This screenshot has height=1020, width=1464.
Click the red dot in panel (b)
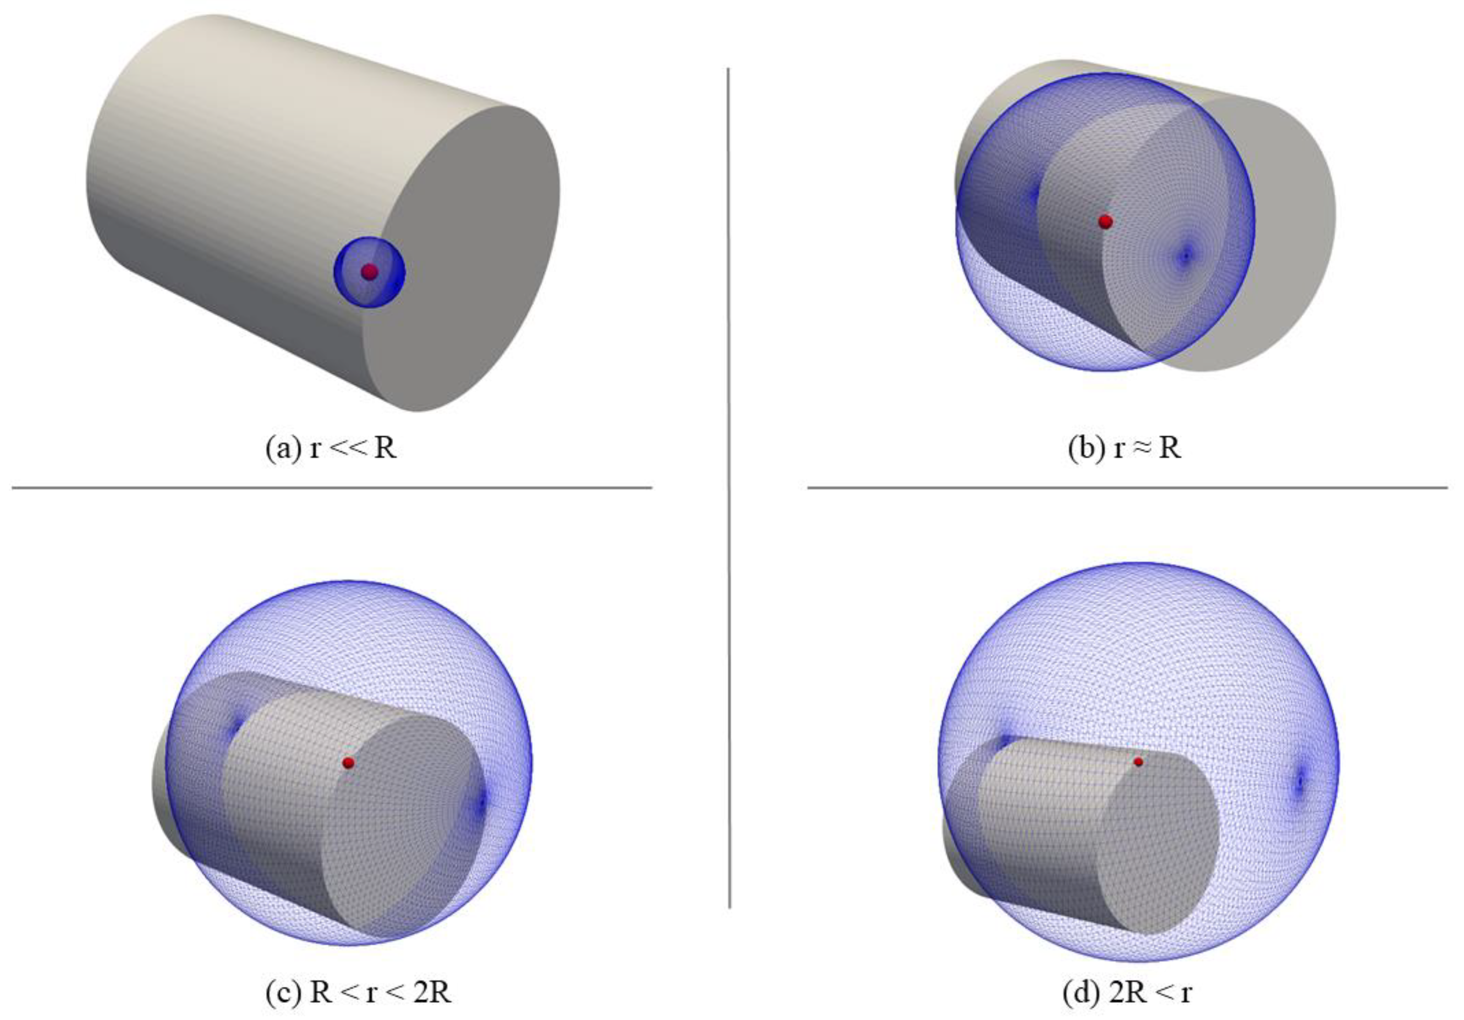click(1106, 222)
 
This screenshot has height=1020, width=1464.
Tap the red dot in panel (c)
click(348, 762)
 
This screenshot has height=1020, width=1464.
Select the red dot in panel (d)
click(1138, 762)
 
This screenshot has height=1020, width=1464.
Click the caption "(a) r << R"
click(331, 448)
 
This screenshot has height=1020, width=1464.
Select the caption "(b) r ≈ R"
click(1124, 448)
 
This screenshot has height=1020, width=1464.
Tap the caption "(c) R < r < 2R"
click(358, 993)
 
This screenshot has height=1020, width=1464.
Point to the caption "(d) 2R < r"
click(1127, 993)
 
